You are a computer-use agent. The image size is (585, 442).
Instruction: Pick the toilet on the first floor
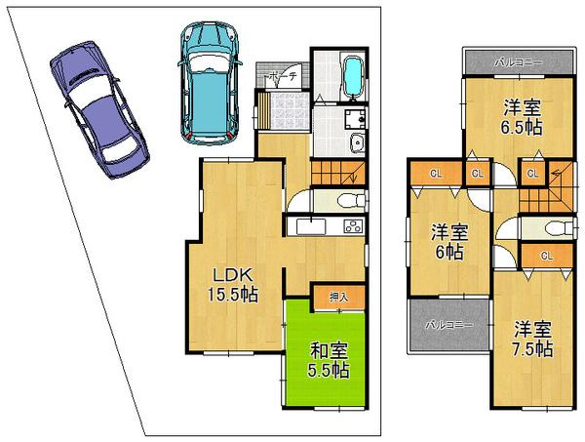[x=346, y=201]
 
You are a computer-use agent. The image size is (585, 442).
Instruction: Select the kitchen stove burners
[x=352, y=227]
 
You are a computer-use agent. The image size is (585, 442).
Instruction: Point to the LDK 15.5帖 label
[x=230, y=283]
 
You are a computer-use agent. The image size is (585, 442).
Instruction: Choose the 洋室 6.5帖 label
[x=522, y=116]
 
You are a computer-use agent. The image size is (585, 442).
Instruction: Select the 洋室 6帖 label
[x=449, y=240]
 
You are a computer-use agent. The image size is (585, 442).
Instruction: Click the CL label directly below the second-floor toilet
[x=545, y=256]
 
